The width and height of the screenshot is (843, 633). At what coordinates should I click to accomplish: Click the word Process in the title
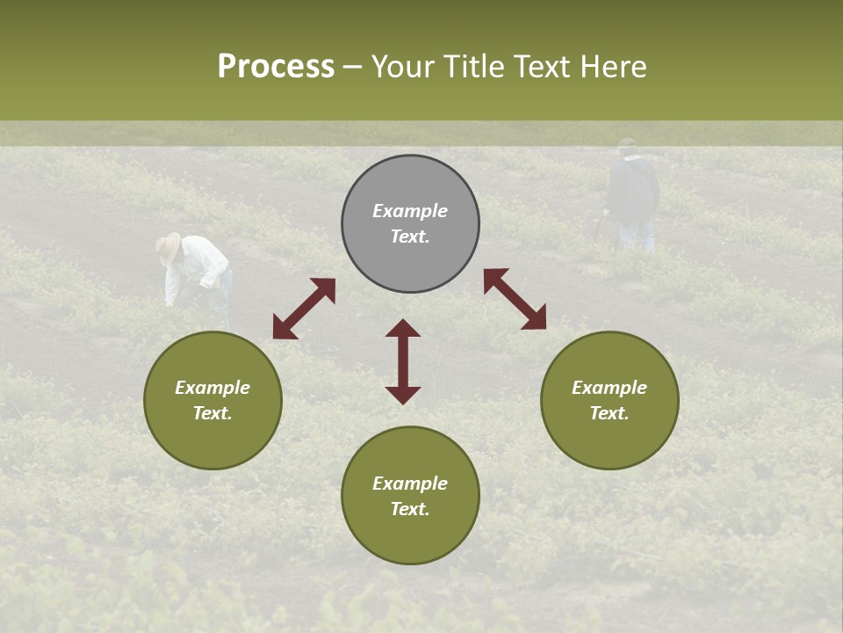coord(276,67)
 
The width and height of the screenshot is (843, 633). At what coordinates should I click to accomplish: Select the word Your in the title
coord(403,67)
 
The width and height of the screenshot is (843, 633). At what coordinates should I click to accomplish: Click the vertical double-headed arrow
coord(403,361)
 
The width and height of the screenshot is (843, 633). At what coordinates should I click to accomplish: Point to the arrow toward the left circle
coord(304,309)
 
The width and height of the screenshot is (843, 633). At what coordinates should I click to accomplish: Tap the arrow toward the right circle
coord(515,299)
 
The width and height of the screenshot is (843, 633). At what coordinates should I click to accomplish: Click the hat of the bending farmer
coord(168,247)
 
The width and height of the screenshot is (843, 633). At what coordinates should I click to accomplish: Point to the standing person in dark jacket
coord(633,189)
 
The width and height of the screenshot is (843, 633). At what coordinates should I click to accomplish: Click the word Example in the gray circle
coord(410,211)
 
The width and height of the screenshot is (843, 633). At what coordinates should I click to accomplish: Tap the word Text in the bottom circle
coord(410,509)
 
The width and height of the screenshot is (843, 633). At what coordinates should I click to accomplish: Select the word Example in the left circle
coord(213,388)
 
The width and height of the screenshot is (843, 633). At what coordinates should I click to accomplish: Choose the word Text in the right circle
coord(609,413)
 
